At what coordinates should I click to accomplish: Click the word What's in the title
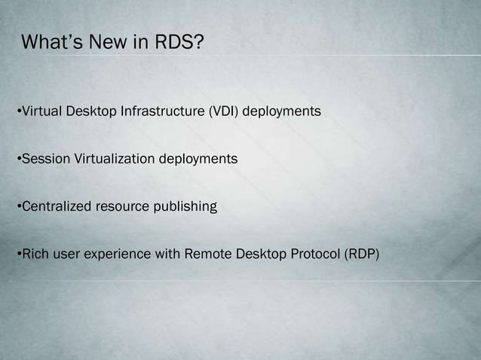coord(52,42)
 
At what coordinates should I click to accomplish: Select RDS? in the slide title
coord(179,42)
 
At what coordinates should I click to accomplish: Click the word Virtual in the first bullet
coord(41,112)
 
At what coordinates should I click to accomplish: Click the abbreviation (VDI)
coord(224,112)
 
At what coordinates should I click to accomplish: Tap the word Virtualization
coord(114,160)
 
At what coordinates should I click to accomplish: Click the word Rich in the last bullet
coord(34,254)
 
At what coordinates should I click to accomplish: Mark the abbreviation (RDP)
coord(362,254)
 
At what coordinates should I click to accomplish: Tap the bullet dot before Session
coord(19,160)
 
